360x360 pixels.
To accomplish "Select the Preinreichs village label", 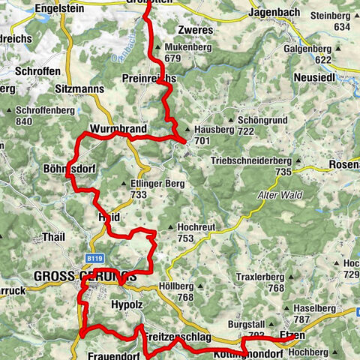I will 148,79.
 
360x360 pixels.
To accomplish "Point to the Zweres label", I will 196,31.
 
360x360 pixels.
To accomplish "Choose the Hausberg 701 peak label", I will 211,133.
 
